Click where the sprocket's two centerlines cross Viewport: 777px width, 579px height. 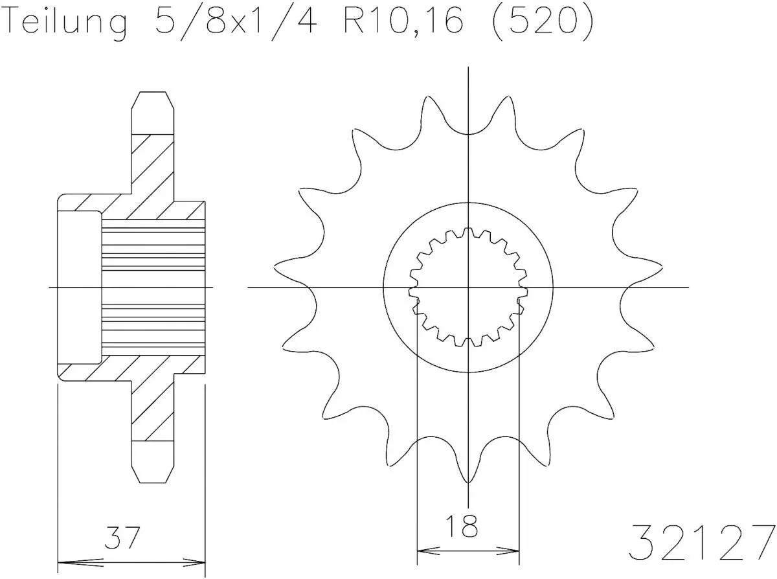(468, 287)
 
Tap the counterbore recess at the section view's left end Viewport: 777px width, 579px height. (80, 287)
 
